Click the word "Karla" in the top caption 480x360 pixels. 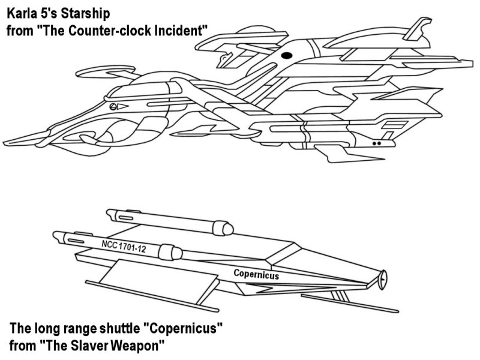click(22, 12)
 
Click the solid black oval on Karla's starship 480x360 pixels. click(287, 56)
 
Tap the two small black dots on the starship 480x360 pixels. click(376, 144)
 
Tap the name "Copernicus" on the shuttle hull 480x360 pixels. click(256, 274)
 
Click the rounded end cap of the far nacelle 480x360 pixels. click(226, 228)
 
